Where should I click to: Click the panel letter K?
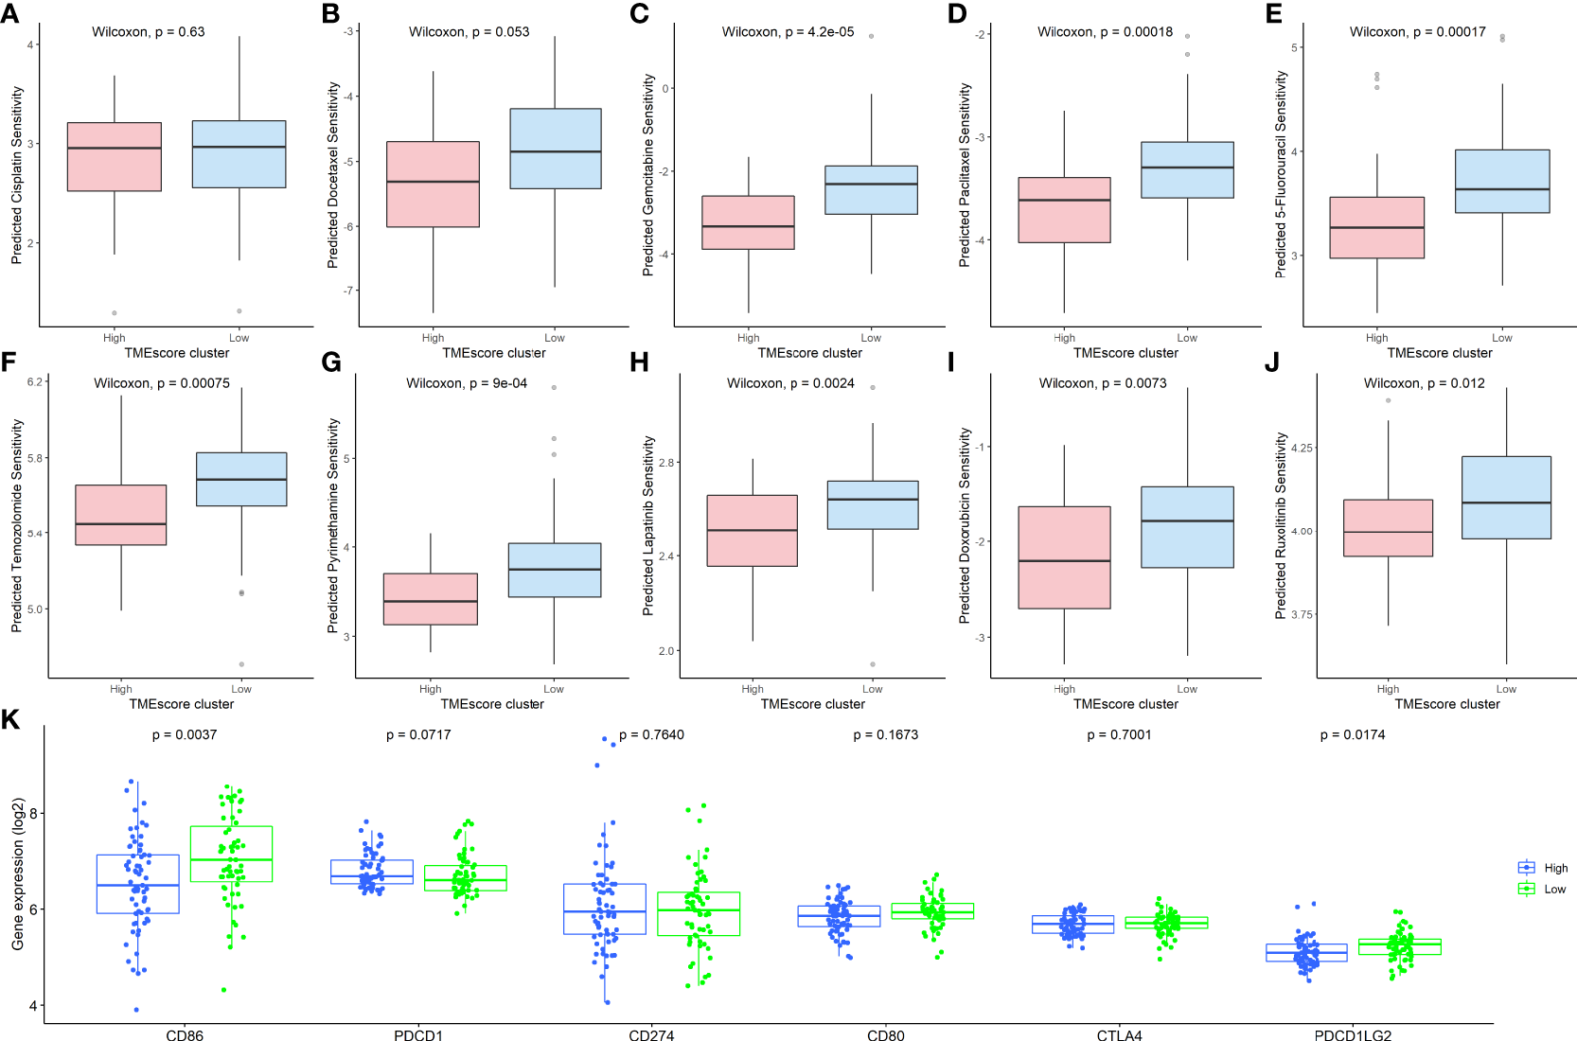point(10,720)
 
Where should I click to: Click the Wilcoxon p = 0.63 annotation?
point(148,32)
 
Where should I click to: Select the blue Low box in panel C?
point(871,190)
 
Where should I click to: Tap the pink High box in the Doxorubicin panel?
point(1064,557)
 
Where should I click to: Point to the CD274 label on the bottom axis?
point(651,1035)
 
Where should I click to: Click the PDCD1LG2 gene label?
point(1353,1035)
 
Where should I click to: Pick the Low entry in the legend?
point(1554,889)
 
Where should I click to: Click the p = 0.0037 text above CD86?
point(185,734)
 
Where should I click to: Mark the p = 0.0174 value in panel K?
point(1353,734)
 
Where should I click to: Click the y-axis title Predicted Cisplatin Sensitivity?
point(16,175)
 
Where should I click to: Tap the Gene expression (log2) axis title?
point(17,874)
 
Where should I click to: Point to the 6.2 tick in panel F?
point(35,381)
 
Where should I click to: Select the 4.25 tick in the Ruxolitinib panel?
point(1302,448)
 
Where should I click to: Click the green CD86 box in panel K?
point(231,854)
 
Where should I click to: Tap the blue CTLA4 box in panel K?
point(1072,925)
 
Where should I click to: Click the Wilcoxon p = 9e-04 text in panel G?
point(467,383)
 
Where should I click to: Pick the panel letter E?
point(1273,13)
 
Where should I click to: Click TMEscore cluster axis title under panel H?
point(812,704)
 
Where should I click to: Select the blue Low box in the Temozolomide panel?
point(241,479)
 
